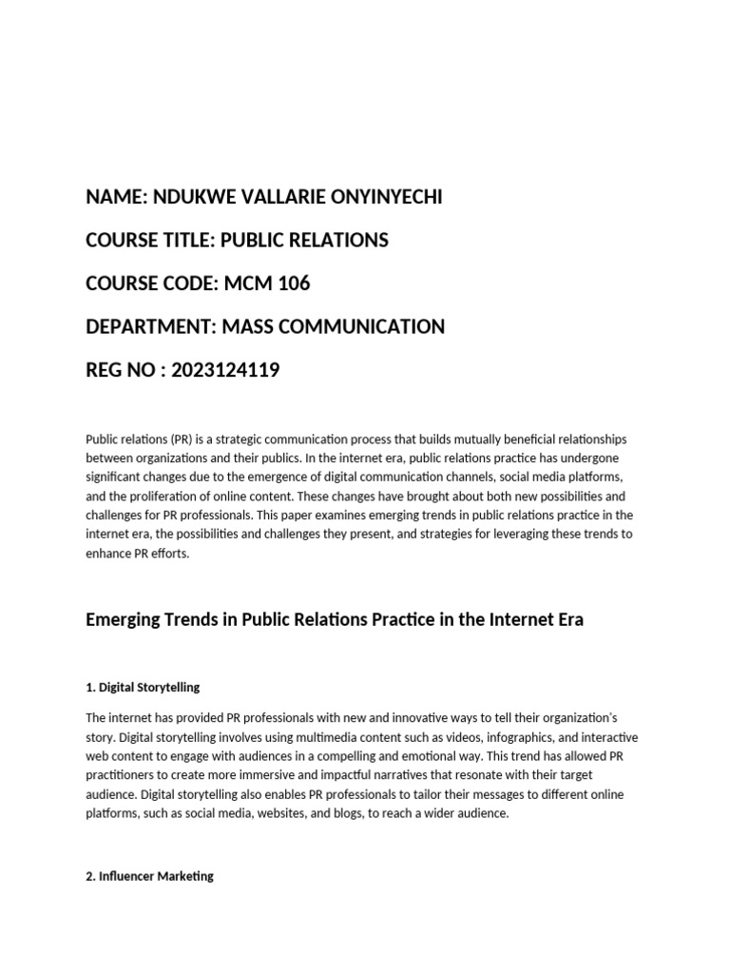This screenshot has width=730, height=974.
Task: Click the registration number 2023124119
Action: pos(224,370)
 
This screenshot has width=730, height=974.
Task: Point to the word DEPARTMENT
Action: pos(149,327)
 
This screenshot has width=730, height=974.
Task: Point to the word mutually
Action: pos(463,439)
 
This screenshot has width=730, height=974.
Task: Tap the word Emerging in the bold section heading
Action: pos(123,619)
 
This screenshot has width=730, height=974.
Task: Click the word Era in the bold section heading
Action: pos(567,619)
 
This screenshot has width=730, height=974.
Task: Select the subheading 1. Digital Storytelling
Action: pos(143,687)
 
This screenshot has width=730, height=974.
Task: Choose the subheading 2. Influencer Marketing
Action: pos(149,876)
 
